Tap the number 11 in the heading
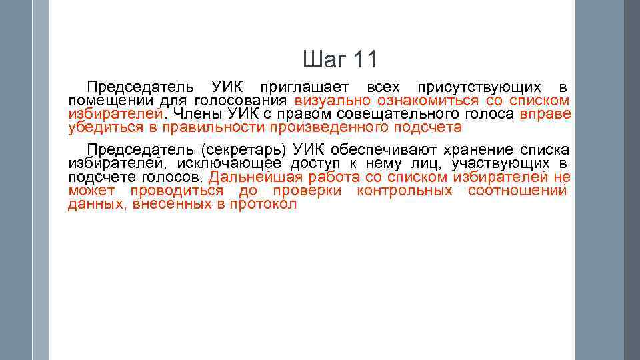(364, 60)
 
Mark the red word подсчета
(428, 127)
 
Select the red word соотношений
(517, 191)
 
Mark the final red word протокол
(263, 205)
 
